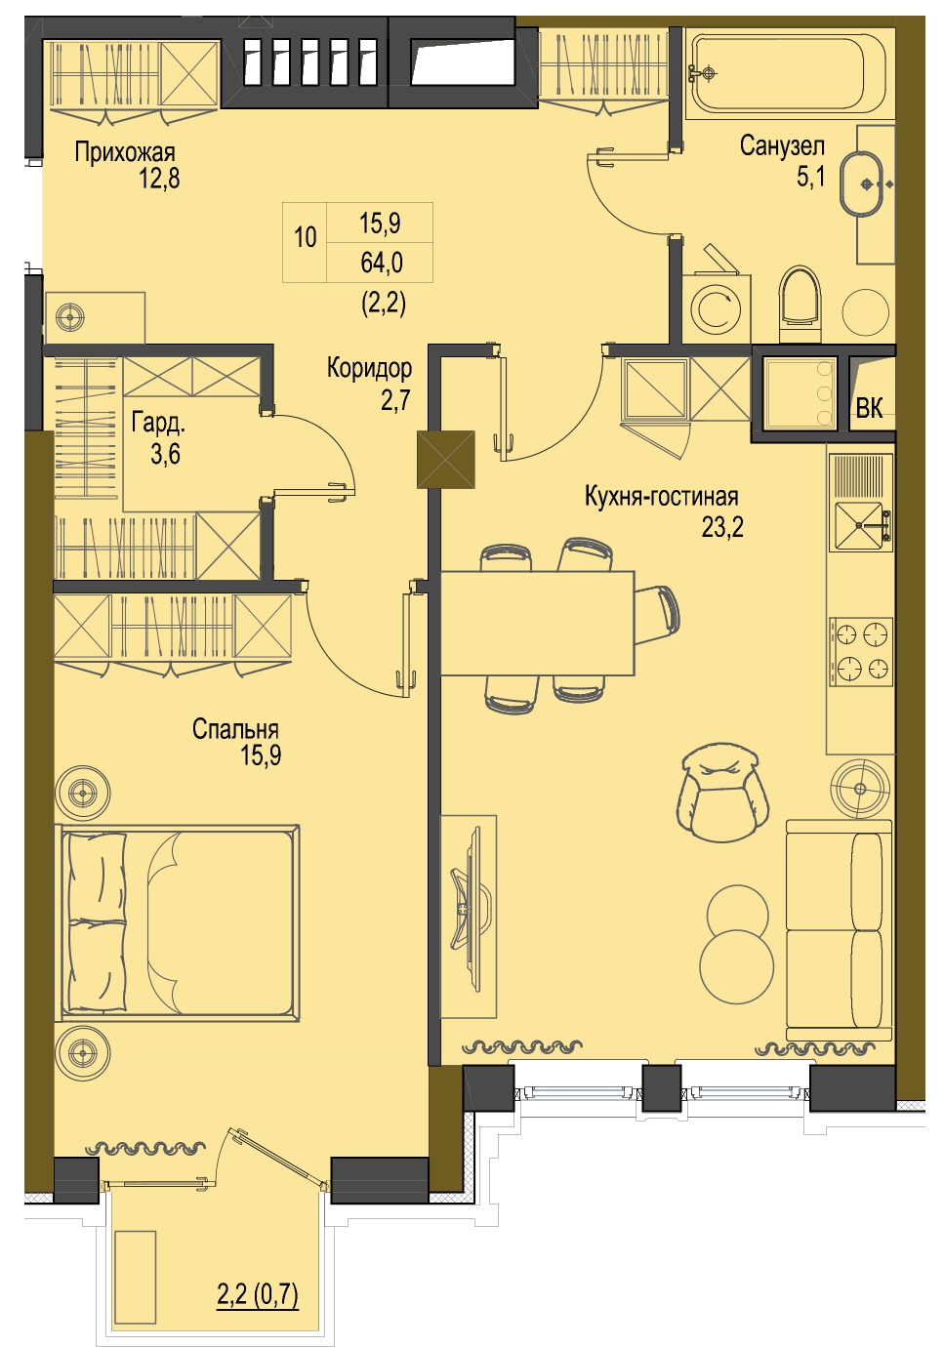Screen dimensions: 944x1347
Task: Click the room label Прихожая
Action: tap(124, 152)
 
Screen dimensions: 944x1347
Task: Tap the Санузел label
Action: tap(782, 145)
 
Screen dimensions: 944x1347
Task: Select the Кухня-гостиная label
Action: tap(662, 497)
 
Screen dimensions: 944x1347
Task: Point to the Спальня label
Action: tap(235, 729)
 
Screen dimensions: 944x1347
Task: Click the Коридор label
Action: tap(369, 367)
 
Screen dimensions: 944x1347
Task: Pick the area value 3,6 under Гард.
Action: tap(165, 454)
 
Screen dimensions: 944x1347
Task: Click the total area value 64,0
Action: tap(381, 263)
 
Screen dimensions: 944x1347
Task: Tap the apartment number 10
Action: tap(306, 237)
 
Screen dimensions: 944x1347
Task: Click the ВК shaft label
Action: tap(869, 408)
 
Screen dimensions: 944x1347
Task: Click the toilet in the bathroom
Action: tap(800, 304)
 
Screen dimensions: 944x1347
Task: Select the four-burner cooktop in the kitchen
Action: tap(860, 651)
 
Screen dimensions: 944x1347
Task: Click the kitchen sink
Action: tap(860, 525)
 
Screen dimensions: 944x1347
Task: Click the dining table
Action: tap(537, 623)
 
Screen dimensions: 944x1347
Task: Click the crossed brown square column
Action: tap(445, 460)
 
